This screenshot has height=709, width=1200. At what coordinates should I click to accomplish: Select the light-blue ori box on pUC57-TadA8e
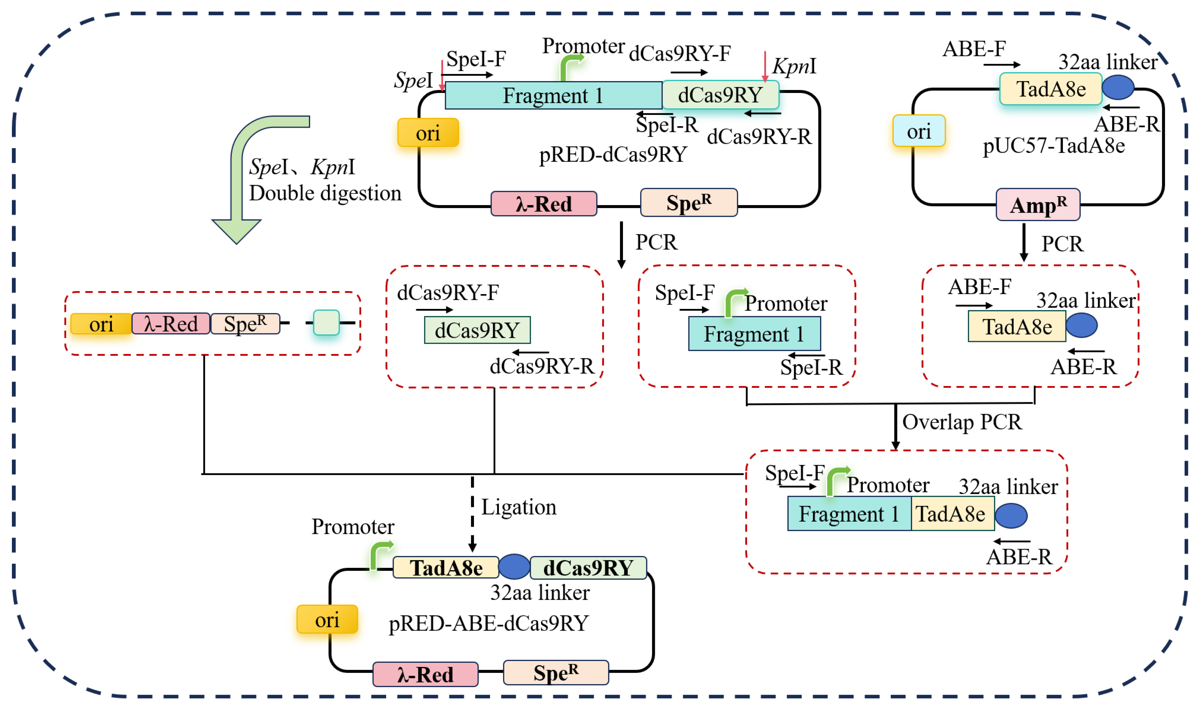click(x=919, y=131)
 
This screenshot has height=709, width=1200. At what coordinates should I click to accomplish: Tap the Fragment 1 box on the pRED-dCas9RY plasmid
click(x=553, y=95)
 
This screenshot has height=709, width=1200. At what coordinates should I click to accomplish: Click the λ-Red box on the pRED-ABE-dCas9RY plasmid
click(x=425, y=674)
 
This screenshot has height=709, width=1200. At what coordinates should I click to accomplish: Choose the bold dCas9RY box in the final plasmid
click(x=588, y=568)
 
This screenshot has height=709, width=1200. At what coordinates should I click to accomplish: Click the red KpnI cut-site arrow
click(x=765, y=66)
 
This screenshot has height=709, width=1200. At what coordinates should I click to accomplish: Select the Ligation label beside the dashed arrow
click(x=519, y=507)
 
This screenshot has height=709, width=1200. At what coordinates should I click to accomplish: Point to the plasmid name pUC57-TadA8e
click(x=1054, y=145)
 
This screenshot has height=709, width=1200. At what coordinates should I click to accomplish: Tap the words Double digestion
click(x=325, y=193)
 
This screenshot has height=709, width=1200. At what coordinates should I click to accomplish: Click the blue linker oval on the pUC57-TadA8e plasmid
click(x=1118, y=87)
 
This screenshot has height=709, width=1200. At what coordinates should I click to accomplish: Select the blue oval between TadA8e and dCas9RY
click(x=514, y=567)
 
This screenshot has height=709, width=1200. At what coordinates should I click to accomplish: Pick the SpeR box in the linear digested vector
click(x=245, y=324)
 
